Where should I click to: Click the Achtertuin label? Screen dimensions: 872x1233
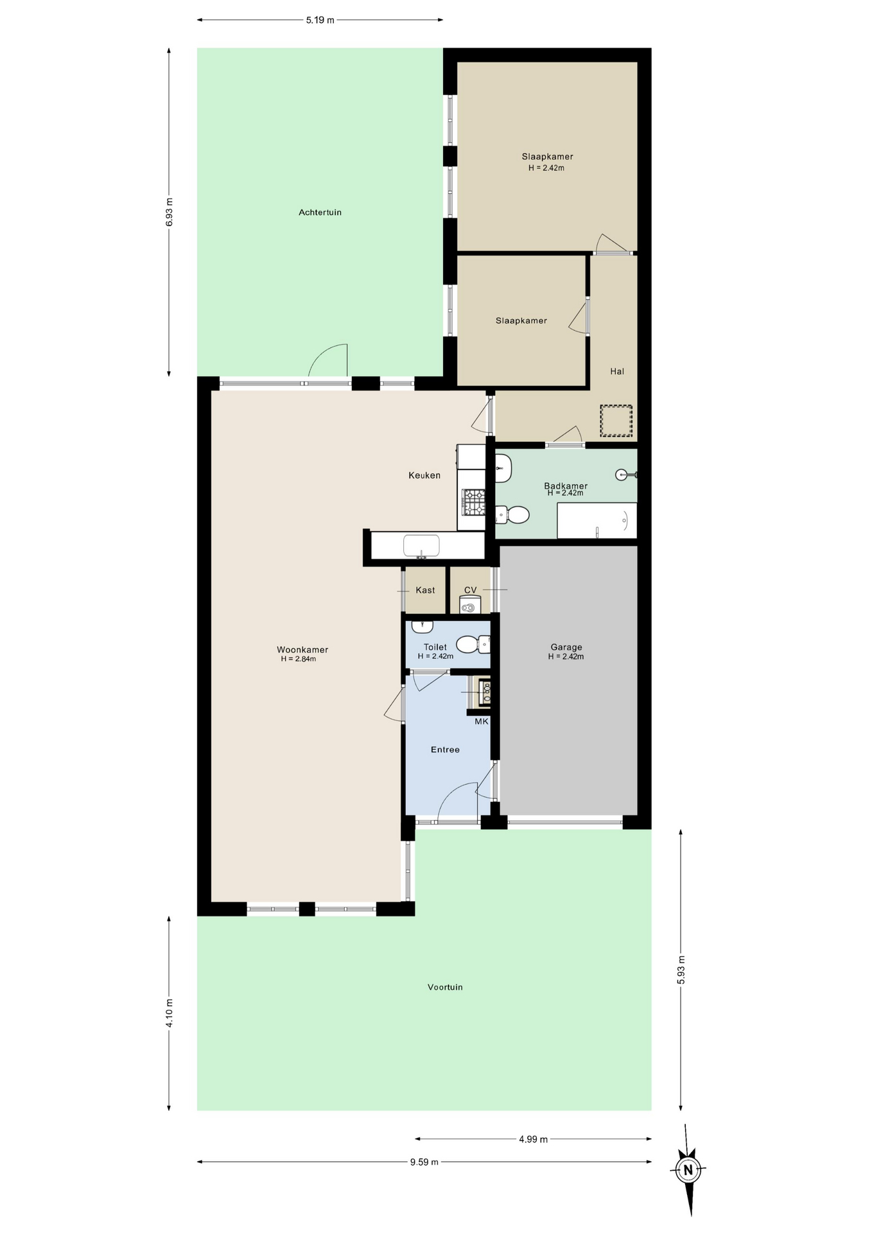320,213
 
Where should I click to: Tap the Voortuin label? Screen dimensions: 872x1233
445,987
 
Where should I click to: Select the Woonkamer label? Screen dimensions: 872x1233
302,649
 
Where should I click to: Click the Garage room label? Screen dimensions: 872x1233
566,647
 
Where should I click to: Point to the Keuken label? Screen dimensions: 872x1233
424,475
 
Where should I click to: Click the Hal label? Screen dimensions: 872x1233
617,371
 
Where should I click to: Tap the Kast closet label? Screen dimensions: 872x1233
425,590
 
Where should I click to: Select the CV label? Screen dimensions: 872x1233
471,590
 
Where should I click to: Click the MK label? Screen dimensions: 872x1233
482,721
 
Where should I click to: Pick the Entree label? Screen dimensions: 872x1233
445,749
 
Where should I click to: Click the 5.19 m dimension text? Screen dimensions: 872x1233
320,20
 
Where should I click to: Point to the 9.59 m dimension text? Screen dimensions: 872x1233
424,1162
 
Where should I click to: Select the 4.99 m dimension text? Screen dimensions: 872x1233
533,1139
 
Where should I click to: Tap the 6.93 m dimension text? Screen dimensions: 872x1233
169,212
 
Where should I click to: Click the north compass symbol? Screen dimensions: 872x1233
688,1170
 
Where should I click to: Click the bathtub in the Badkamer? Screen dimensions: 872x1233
597,521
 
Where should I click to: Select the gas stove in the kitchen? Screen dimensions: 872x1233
474,502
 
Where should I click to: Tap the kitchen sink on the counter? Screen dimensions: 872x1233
421,546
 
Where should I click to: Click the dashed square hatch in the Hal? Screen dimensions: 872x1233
616,421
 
